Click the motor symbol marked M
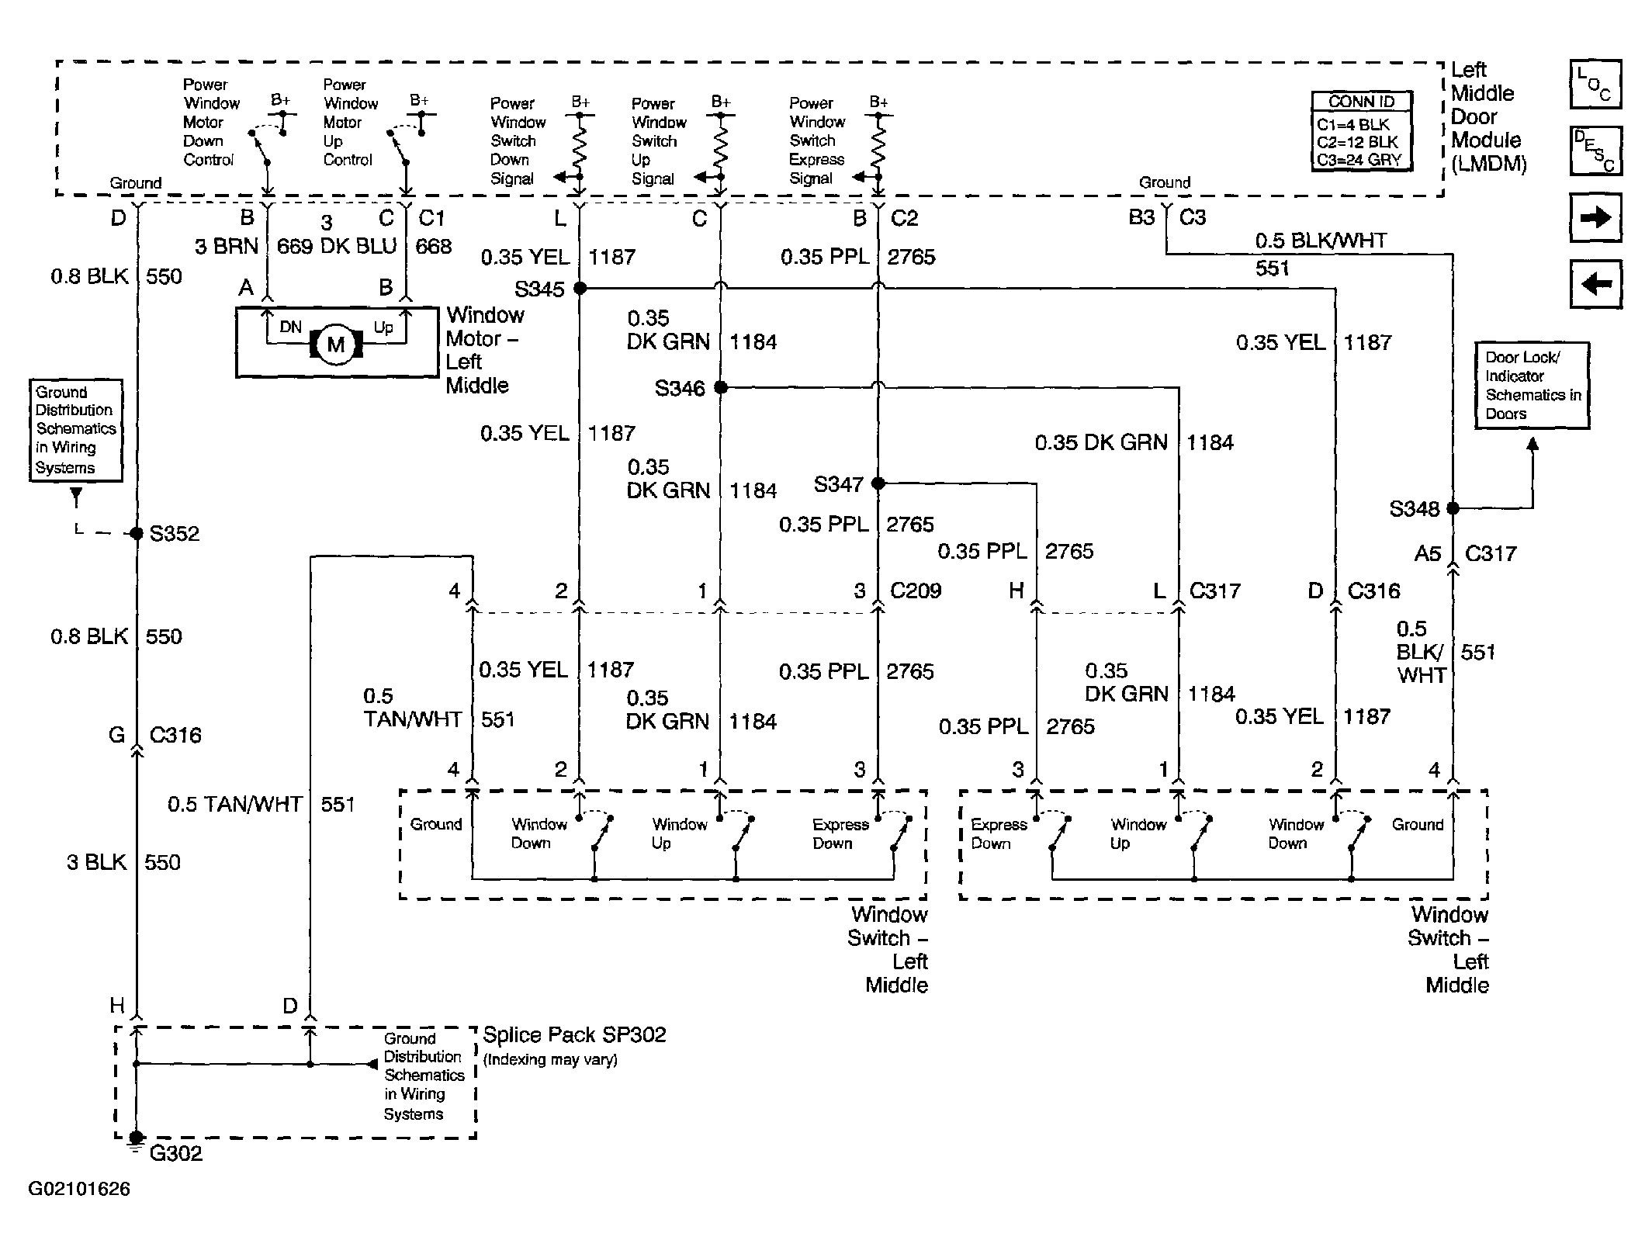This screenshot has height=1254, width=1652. pyautogui.click(x=336, y=345)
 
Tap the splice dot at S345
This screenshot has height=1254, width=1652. pyautogui.click(x=580, y=289)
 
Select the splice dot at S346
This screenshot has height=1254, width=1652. pyautogui.click(x=721, y=387)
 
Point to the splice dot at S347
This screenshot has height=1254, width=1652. pyautogui.click(x=878, y=483)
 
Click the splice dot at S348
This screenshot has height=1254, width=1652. pyautogui.click(x=1453, y=508)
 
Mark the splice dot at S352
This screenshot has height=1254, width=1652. pyautogui.click(x=137, y=533)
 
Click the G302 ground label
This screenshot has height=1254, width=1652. pyautogui.click(x=175, y=1153)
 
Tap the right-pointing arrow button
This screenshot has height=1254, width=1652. pyautogui.click(x=1595, y=218)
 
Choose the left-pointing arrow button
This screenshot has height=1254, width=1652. pyautogui.click(x=1595, y=284)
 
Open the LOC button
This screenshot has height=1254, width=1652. pyautogui.click(x=1595, y=84)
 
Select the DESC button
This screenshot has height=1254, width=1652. pyautogui.click(x=1595, y=151)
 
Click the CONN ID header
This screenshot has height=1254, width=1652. pyautogui.click(x=1361, y=102)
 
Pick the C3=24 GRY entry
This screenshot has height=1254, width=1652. pyautogui.click(x=1359, y=160)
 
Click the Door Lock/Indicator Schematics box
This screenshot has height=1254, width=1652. pyautogui.click(x=1532, y=386)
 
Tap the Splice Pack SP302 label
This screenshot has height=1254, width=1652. pyautogui.click(x=574, y=1035)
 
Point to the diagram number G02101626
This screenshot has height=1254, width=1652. pyautogui.click(x=79, y=1190)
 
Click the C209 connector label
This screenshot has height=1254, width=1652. pyautogui.click(x=916, y=591)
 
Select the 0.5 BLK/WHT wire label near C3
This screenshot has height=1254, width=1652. pyautogui.click(x=1321, y=241)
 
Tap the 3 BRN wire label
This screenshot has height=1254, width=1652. pyautogui.click(x=226, y=247)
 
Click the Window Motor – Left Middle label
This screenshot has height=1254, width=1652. pyautogui.click(x=484, y=350)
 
